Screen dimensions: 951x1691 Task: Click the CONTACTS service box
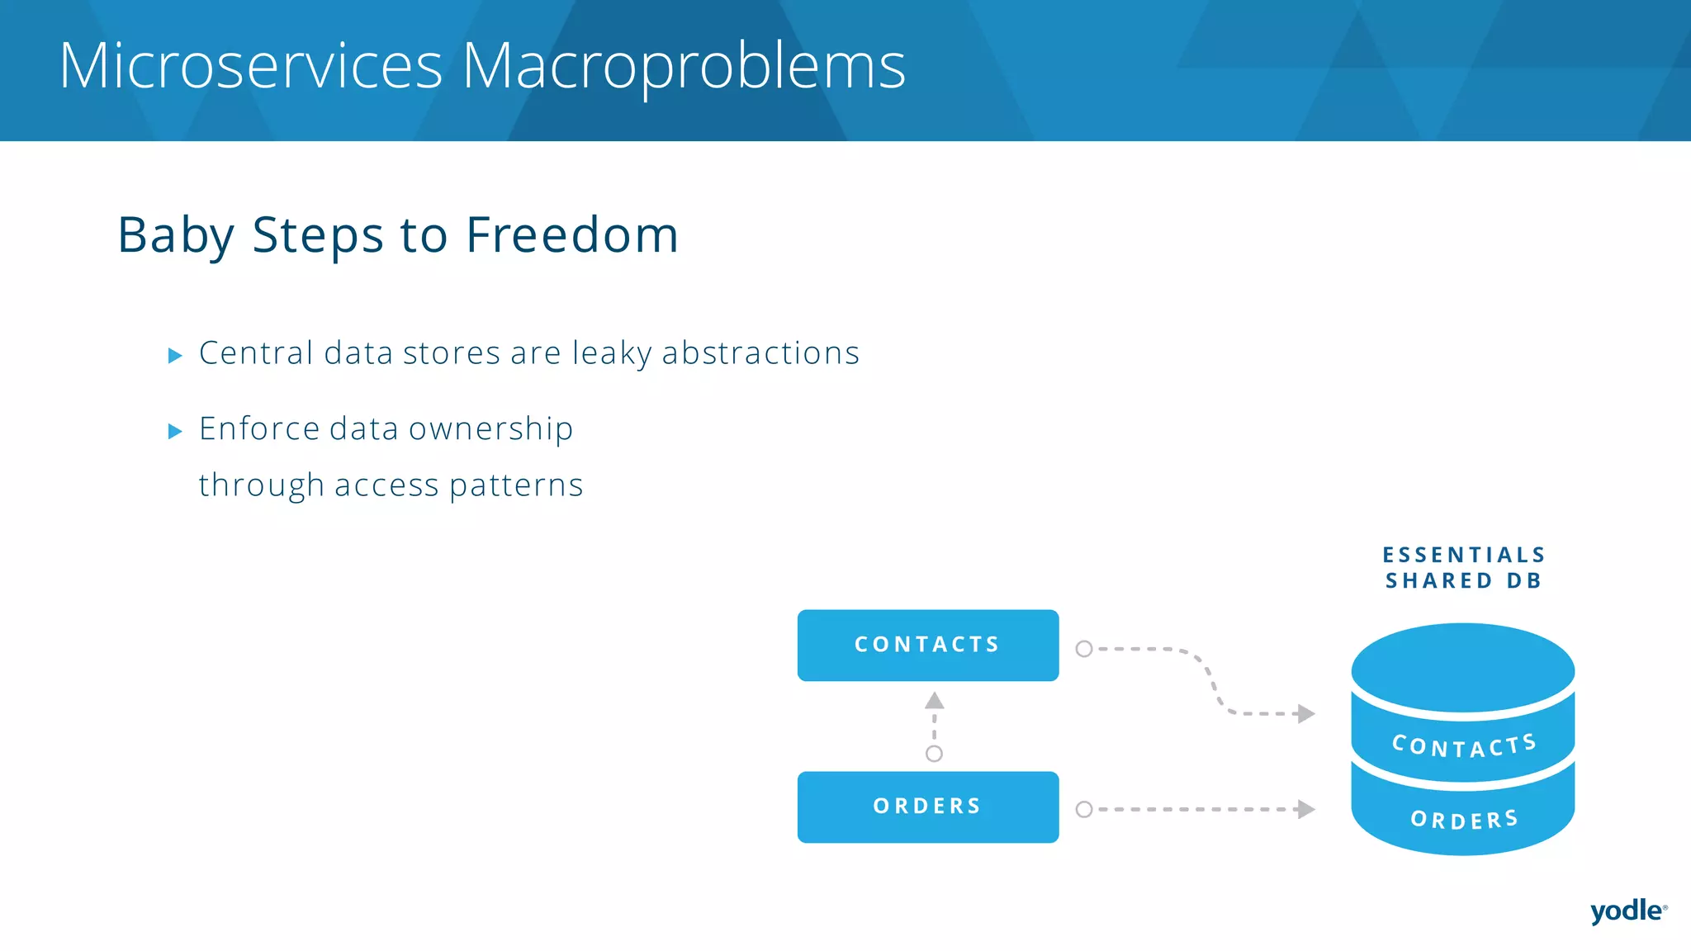927,645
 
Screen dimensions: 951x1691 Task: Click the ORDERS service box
927,807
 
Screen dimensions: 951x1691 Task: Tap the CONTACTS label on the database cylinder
1463,745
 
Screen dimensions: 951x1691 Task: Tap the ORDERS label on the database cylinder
1464,819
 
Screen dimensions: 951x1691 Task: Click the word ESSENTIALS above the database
1463,555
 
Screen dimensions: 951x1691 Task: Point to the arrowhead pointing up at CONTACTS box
934,701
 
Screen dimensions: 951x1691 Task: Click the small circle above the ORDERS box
934,754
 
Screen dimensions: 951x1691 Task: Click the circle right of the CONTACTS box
1084,649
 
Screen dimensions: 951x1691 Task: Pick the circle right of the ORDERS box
1084,810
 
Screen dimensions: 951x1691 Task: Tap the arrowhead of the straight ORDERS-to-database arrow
1305,809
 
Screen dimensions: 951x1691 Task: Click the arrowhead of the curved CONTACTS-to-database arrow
1305,713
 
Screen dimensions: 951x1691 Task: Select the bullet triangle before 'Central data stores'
175,356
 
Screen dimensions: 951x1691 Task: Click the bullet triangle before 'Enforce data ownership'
175,431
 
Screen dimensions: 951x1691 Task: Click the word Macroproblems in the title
684,66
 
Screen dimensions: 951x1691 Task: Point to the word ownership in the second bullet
490,429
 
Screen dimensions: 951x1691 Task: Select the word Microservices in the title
251,66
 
